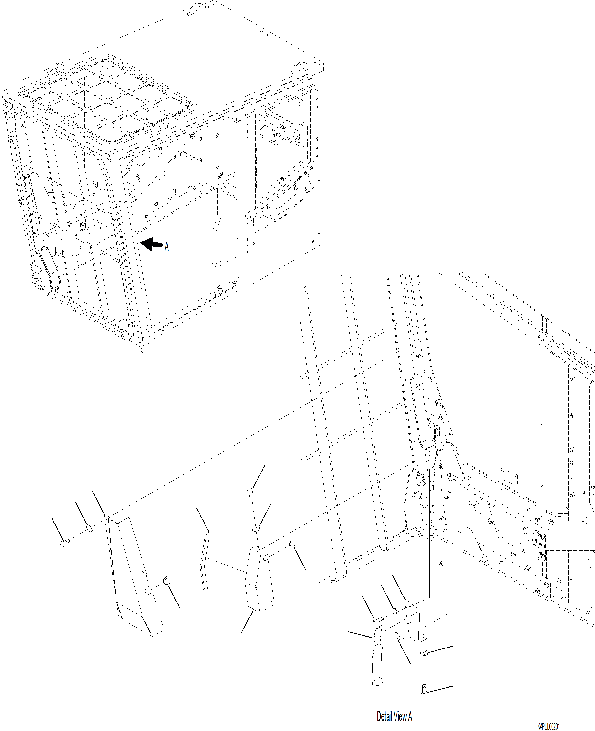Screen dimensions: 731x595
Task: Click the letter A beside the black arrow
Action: (x=167, y=247)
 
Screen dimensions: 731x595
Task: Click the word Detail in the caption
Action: (x=384, y=716)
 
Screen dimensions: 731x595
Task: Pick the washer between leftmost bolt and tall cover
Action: (x=90, y=528)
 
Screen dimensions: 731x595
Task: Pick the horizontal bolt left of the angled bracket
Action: (x=377, y=620)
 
